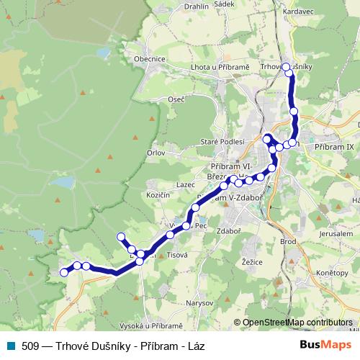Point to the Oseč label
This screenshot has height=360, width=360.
coord(176,99)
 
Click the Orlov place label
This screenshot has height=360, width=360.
coord(156,152)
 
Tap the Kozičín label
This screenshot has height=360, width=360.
coord(158,195)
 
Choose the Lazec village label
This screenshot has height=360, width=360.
coord(185,185)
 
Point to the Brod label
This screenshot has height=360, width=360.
coord(288,241)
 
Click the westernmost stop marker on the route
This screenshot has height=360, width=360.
coord(63,272)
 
